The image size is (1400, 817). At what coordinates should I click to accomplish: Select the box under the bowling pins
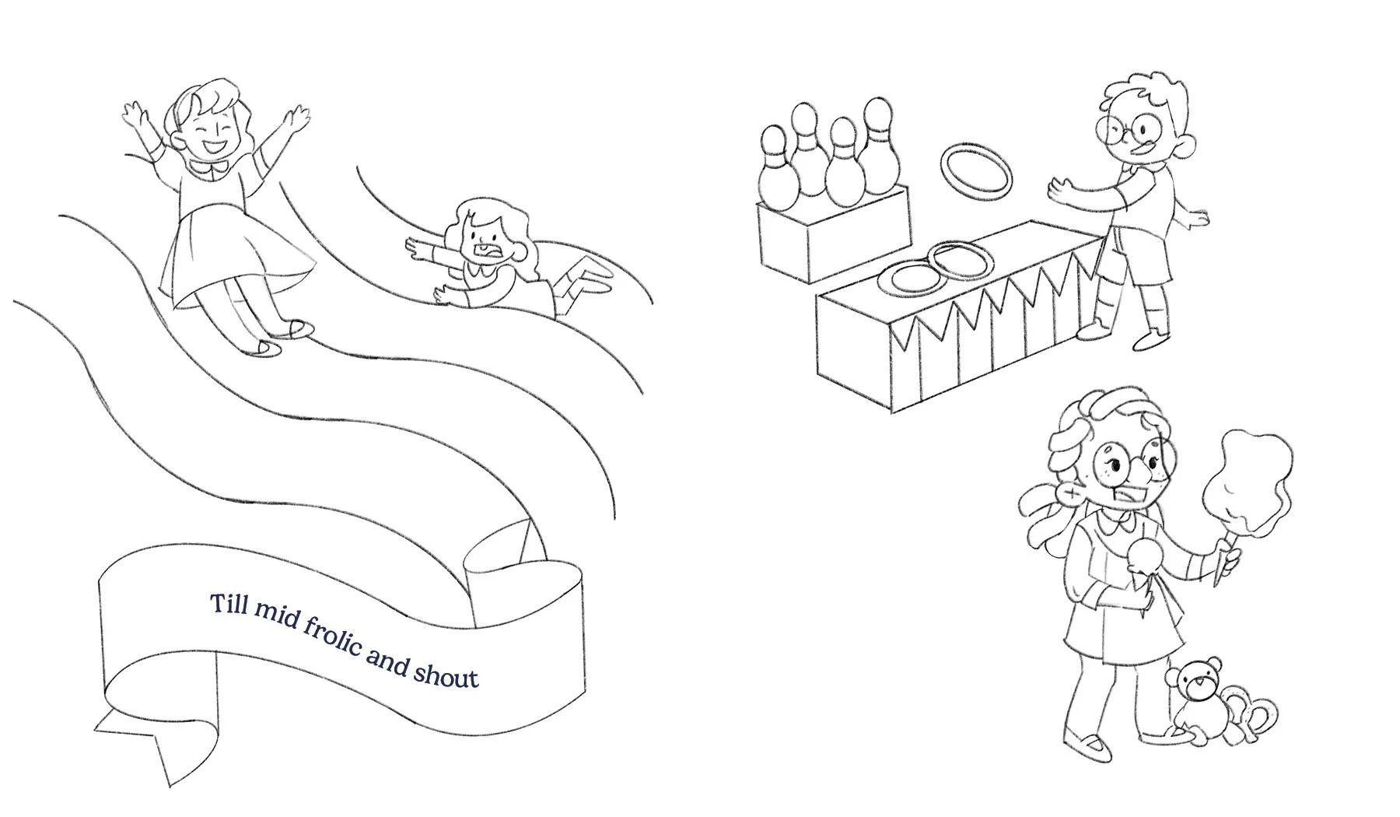point(832,233)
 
